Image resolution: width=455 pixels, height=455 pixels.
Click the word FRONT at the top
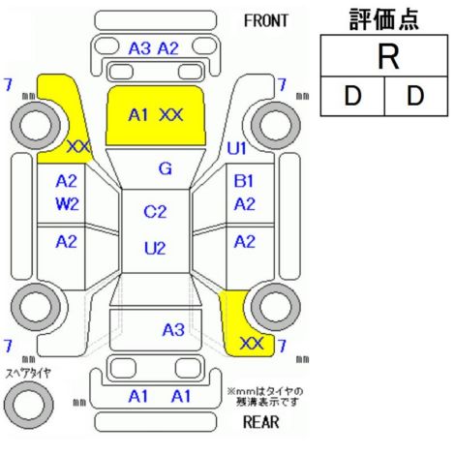[265, 21]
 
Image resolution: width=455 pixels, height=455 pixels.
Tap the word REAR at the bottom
[260, 422]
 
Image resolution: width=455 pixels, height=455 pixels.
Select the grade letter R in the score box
[388, 57]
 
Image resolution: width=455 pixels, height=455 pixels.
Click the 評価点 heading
[384, 19]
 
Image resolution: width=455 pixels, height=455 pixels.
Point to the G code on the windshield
[166, 168]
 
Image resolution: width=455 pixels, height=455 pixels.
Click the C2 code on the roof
[155, 212]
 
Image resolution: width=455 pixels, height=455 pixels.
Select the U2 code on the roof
[155, 249]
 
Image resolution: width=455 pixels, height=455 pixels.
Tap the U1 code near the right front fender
[236, 149]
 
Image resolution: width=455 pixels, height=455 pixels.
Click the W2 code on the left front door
[67, 204]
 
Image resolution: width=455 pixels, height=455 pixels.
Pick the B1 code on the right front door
[244, 181]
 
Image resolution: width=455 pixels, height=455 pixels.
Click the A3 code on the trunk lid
[173, 330]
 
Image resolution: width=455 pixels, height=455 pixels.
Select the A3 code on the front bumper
[139, 48]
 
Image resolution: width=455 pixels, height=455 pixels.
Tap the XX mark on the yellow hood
[171, 115]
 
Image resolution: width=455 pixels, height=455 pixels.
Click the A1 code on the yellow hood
[138, 115]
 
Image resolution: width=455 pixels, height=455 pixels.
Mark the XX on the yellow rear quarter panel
[252, 344]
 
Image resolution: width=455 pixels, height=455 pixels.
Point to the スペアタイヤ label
[28, 374]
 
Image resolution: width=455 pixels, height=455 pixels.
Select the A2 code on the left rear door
[66, 241]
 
